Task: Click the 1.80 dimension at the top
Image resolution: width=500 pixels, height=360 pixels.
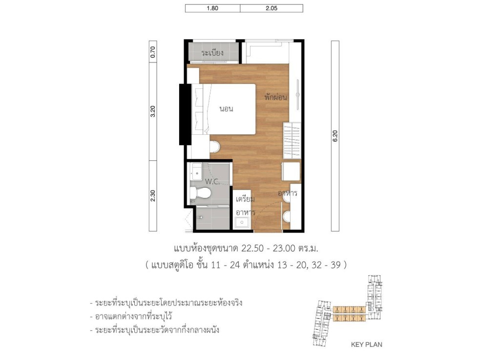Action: point(212,8)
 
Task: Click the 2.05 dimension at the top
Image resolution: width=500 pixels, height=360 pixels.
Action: point(271,8)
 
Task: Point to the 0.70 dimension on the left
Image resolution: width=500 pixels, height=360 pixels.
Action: point(153,52)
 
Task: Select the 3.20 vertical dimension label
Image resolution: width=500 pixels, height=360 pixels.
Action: point(153,111)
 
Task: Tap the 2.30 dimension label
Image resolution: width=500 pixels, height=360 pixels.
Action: point(153,195)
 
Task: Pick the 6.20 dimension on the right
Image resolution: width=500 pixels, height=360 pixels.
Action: point(335,136)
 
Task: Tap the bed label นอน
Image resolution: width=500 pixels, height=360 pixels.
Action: point(226,108)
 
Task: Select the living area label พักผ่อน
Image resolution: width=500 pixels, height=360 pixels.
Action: point(275,97)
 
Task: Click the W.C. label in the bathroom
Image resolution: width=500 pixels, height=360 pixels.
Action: point(211,182)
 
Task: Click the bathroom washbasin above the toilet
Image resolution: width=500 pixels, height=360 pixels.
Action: point(196,171)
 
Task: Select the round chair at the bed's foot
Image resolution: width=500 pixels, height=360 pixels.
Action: point(214,146)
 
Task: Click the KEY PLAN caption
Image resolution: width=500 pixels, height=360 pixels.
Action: point(367,344)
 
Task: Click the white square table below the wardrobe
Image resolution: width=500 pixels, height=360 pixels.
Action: point(292,172)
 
